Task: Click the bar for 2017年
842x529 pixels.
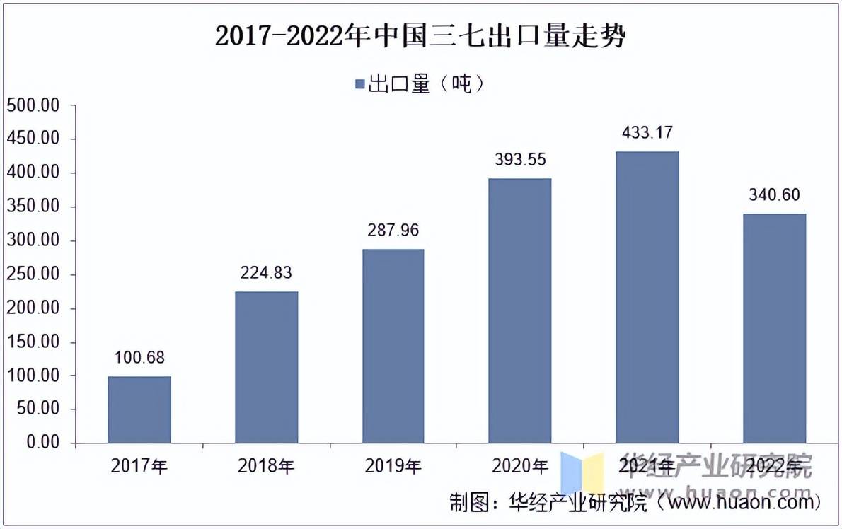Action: coord(139,409)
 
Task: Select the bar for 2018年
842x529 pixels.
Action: coord(266,367)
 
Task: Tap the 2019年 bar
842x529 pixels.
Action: coord(393,346)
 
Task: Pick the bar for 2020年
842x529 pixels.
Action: coord(520,310)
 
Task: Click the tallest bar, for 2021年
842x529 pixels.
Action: coord(647,297)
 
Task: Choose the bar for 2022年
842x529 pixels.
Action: coord(774,328)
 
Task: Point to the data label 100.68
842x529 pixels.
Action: coord(139,357)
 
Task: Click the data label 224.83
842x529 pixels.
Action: coord(266,272)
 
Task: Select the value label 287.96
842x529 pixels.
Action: coord(393,231)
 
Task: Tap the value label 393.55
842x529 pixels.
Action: coord(520,160)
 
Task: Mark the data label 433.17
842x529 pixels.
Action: coord(647,132)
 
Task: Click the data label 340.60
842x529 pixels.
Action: coord(774,194)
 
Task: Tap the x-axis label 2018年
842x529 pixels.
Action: coord(266,466)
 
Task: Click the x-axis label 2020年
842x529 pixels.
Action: coord(520,466)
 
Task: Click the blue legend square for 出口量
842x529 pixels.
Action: coord(359,84)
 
